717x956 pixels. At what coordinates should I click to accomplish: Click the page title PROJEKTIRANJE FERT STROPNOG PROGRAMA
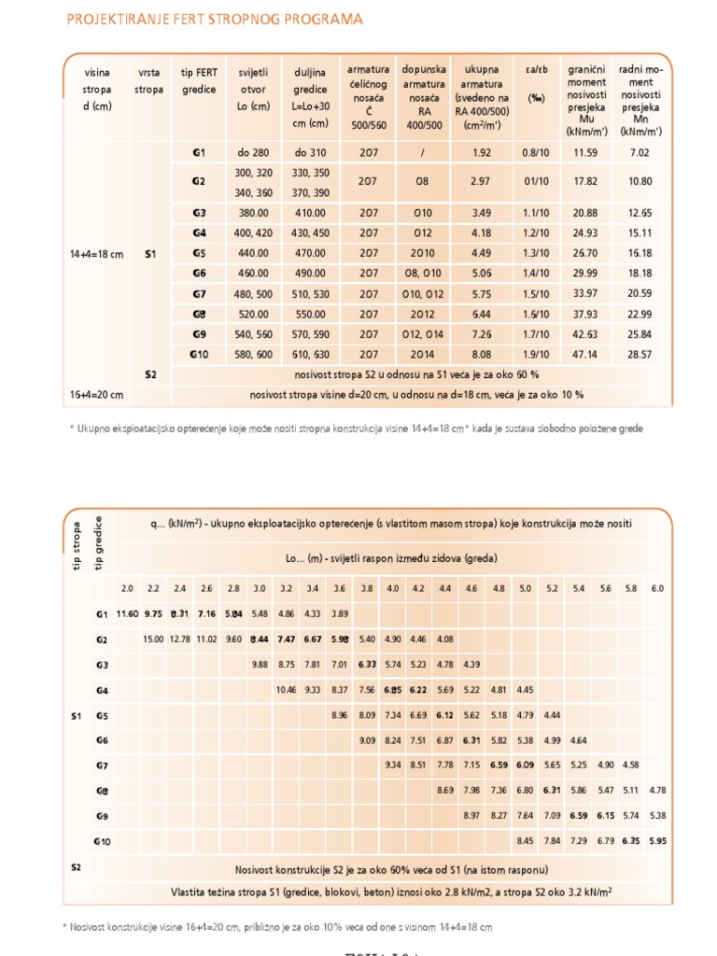[215, 19]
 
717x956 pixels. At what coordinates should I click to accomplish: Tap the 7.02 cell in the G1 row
[640, 152]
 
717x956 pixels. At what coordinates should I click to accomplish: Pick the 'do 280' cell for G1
[253, 152]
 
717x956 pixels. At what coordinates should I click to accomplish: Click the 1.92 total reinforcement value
[481, 152]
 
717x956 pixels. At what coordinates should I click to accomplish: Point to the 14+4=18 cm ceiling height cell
[96, 253]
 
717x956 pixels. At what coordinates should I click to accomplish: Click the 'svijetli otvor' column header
[253, 90]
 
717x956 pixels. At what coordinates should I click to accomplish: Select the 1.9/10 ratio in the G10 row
[536, 354]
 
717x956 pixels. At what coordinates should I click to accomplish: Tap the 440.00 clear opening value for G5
[253, 253]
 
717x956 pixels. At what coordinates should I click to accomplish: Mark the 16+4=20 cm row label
[96, 394]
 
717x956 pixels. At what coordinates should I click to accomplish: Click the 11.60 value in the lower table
[127, 614]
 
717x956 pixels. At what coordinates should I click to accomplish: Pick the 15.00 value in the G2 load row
[153, 640]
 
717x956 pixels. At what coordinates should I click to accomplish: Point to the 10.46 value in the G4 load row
[286, 690]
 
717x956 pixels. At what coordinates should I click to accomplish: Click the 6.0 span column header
[657, 588]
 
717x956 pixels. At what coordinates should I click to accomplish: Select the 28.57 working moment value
[640, 354]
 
